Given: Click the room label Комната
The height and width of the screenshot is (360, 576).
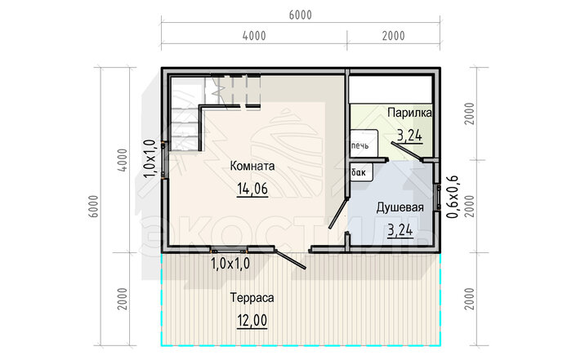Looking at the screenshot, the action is pyautogui.click(x=252, y=166).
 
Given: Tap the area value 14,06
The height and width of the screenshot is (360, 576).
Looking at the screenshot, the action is pyautogui.click(x=252, y=189).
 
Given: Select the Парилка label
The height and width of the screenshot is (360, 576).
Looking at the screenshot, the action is pyautogui.click(x=409, y=113).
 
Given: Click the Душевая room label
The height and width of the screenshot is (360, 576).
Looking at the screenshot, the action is pyautogui.click(x=400, y=207).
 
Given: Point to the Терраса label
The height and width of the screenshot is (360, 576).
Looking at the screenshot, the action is pyautogui.click(x=252, y=297).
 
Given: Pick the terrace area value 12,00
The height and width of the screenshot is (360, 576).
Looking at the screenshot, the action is pyautogui.click(x=252, y=320).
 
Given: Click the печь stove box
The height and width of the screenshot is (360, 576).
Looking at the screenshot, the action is pyautogui.click(x=364, y=144).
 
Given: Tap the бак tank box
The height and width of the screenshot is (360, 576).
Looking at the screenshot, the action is pyautogui.click(x=361, y=172).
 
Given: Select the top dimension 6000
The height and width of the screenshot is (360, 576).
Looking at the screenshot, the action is pyautogui.click(x=300, y=15).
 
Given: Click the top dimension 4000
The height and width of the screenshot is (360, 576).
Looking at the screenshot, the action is pyautogui.click(x=254, y=36).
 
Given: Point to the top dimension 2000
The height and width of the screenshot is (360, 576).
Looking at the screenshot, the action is pyautogui.click(x=394, y=36).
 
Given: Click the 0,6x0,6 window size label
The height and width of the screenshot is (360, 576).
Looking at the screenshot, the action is pyautogui.click(x=452, y=197).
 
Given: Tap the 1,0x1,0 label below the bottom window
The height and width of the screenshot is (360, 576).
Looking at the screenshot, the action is pyautogui.click(x=230, y=263).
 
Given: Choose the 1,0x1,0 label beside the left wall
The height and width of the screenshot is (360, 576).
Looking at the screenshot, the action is pyautogui.click(x=150, y=158).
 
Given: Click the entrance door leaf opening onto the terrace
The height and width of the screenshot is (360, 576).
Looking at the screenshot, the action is pyautogui.click(x=290, y=259).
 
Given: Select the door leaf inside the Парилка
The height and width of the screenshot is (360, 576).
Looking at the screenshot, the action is pyautogui.click(x=407, y=152).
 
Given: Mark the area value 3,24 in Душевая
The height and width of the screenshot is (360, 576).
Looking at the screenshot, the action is pyautogui.click(x=400, y=230).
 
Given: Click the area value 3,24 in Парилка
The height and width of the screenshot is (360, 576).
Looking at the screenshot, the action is pyautogui.click(x=409, y=136).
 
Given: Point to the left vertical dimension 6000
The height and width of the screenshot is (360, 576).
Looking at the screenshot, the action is pyautogui.click(x=94, y=207).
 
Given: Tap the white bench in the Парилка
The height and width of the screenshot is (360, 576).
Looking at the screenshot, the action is pyautogui.click(x=391, y=89).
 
